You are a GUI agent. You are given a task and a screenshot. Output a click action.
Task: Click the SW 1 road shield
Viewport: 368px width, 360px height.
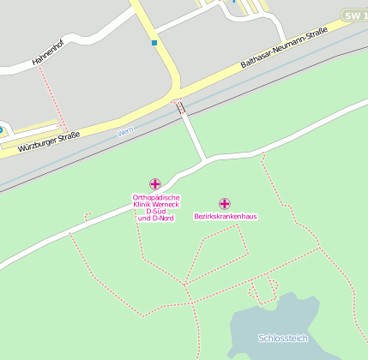353,15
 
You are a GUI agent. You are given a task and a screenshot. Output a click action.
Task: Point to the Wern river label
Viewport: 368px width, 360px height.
125,130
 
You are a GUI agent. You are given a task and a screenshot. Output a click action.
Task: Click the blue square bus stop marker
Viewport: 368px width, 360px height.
154,42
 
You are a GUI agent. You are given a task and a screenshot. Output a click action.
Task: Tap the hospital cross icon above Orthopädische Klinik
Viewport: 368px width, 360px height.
155,183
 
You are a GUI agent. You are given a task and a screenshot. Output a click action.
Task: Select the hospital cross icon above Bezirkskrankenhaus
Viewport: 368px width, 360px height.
225,203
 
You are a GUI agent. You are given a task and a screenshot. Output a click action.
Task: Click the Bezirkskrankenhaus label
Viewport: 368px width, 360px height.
226,216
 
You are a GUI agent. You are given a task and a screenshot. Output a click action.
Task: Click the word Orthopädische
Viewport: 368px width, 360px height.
156,197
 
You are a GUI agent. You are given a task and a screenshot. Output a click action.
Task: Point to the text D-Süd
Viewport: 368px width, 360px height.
156,212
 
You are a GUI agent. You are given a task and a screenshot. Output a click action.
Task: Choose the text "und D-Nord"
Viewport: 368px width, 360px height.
156,219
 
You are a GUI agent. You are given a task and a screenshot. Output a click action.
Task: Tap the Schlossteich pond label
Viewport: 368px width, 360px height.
283,338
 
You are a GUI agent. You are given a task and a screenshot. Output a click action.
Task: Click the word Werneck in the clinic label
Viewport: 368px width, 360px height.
166,205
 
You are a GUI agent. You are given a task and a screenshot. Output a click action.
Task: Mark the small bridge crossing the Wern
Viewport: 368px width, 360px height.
180,107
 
